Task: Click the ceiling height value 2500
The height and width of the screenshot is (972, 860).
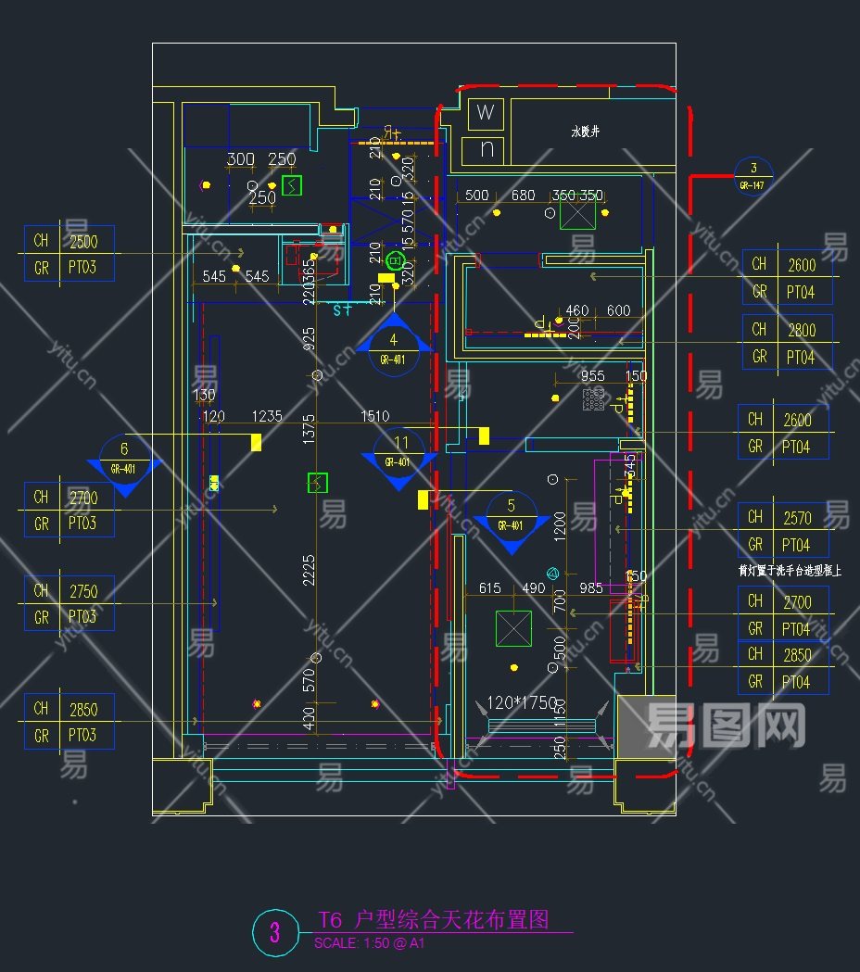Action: tap(83, 241)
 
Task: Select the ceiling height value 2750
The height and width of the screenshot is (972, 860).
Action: tap(83, 590)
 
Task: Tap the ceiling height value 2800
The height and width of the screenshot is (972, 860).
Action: tap(802, 330)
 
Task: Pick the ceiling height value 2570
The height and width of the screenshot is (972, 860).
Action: tap(797, 518)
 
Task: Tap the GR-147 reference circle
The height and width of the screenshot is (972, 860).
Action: tap(752, 176)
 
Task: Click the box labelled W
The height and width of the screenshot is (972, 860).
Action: tap(486, 114)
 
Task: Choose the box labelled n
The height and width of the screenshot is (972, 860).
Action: tap(486, 148)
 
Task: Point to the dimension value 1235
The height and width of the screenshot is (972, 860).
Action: tap(266, 417)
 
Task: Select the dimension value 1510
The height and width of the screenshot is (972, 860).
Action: tap(374, 417)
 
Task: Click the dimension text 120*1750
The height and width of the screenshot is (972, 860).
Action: tap(522, 703)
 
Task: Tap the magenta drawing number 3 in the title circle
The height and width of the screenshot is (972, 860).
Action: tap(274, 932)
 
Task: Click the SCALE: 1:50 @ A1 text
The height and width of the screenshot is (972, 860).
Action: tap(369, 943)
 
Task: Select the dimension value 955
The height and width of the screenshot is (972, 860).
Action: tap(592, 376)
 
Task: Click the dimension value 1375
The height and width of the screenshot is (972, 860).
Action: tap(309, 432)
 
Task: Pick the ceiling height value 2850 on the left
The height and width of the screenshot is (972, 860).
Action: tap(83, 710)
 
